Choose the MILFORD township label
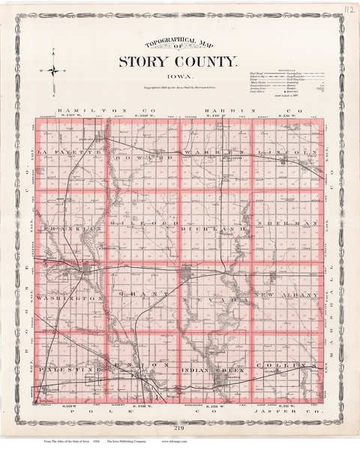click(142, 224)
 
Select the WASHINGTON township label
click(67, 298)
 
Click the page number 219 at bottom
click(180, 427)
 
